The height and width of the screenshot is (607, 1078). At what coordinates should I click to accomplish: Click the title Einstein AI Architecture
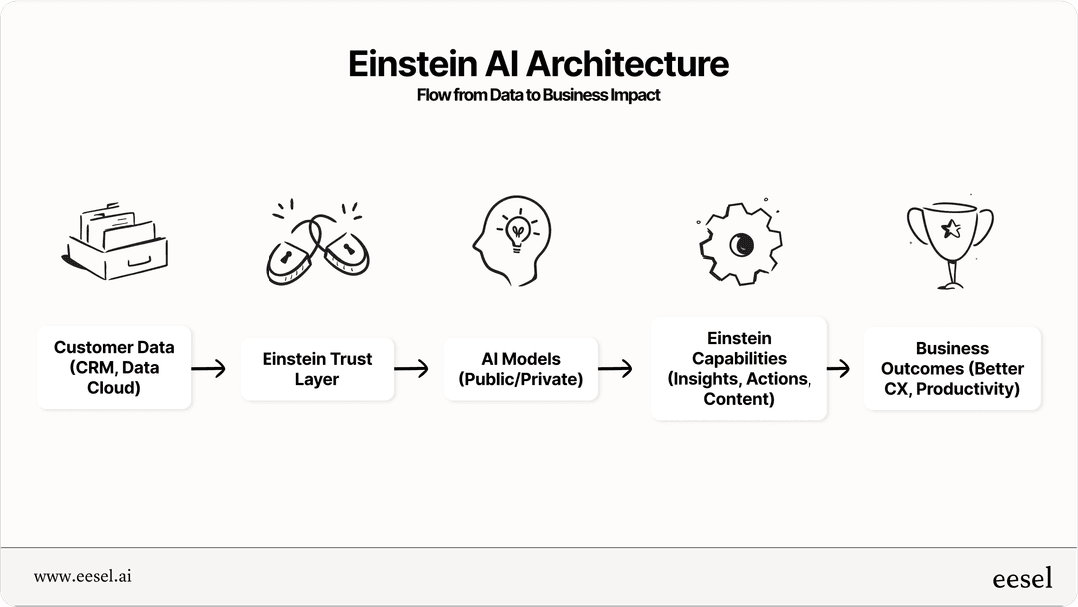[538, 64]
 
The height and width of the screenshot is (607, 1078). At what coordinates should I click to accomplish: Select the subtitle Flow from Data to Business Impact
[538, 96]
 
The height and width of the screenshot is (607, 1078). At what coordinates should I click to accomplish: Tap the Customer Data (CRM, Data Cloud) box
[114, 368]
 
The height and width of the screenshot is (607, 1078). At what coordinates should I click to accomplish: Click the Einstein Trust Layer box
[317, 369]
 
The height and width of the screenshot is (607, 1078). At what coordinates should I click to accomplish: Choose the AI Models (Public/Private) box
[521, 369]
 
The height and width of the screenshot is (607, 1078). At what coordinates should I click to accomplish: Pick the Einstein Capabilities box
[739, 369]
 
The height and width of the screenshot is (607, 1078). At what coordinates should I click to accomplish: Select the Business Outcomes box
[952, 369]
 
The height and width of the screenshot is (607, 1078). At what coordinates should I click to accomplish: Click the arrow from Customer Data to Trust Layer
[208, 369]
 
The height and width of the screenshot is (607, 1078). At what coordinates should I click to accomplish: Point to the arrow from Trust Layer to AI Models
[411, 369]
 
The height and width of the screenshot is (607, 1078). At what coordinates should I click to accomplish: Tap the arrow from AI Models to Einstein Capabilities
[615, 369]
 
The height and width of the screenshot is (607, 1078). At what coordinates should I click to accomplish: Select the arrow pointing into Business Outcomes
[838, 369]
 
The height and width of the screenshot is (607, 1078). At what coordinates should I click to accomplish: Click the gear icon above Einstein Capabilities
[739, 243]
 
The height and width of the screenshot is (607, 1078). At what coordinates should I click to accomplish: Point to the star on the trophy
[951, 229]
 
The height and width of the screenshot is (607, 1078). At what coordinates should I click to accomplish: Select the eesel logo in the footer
[1022, 578]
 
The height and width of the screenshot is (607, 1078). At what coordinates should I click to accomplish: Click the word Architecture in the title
[627, 64]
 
